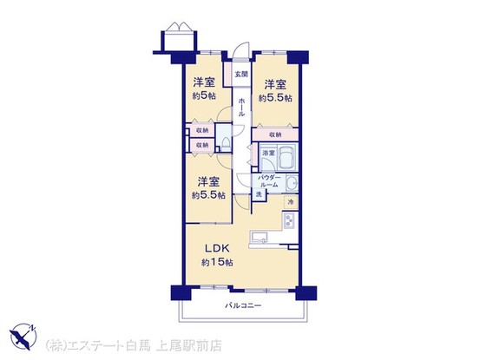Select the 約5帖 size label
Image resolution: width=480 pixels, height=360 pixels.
point(203,96)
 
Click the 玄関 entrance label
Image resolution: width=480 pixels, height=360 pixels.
point(240,75)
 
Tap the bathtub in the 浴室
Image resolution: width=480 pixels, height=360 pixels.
point(286,157)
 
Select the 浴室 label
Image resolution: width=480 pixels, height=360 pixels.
point(268,154)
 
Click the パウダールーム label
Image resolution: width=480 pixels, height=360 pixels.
point(268,180)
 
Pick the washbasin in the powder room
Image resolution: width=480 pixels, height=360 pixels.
point(292,186)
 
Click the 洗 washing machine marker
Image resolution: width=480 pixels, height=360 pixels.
point(259,196)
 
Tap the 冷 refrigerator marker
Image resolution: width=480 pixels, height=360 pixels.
point(291,202)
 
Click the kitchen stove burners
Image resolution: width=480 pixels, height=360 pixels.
point(289,224)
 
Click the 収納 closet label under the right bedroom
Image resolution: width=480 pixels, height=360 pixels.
point(274,134)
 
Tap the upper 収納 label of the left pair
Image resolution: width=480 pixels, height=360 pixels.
point(201,131)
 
